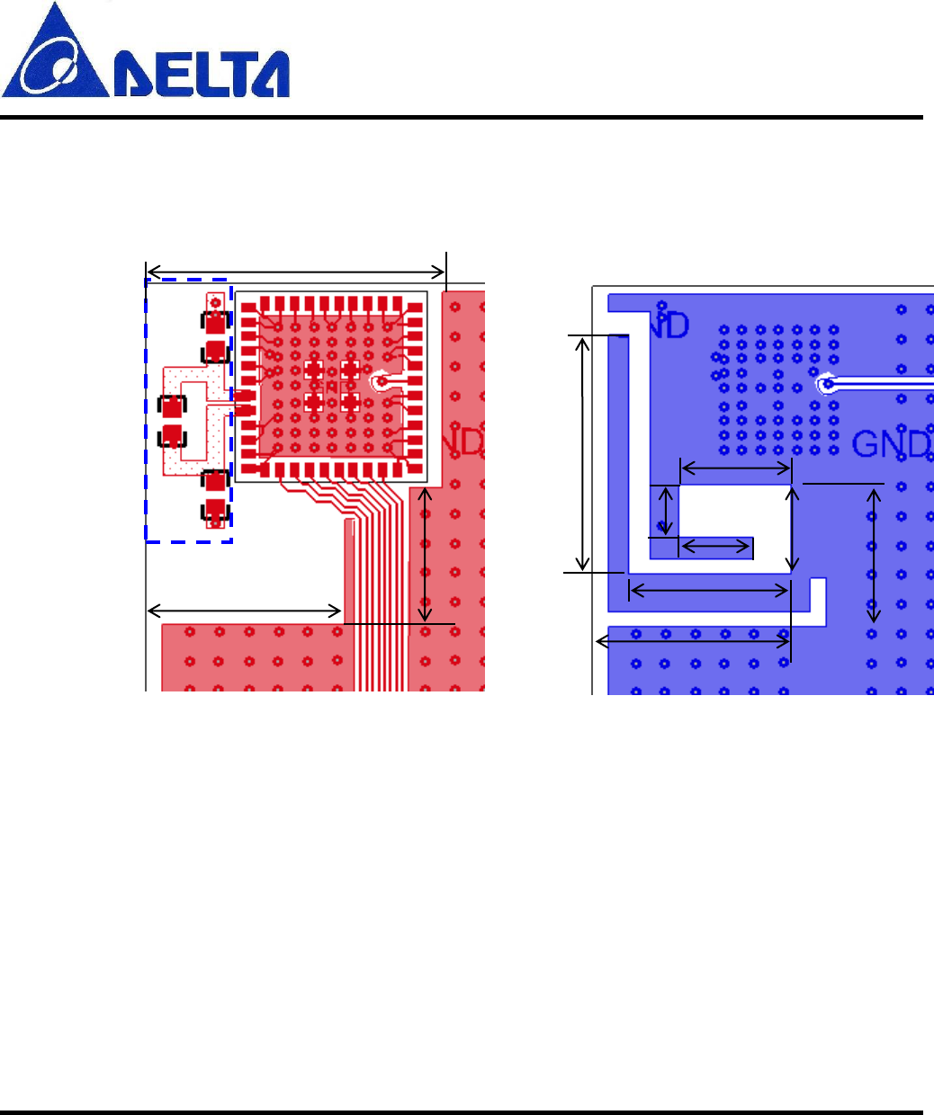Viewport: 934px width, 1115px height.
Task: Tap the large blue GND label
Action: pyautogui.click(x=889, y=444)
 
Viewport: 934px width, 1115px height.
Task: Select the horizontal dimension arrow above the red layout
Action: pyautogui.click(x=296, y=272)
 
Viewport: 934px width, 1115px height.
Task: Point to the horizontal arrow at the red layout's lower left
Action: pyautogui.click(x=244, y=611)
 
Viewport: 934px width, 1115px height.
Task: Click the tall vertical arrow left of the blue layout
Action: pyautogui.click(x=584, y=453)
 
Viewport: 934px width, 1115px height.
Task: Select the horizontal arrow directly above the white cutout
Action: pyautogui.click(x=736, y=468)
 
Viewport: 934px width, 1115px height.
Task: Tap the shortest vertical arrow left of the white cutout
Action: pyautogui.click(x=666, y=510)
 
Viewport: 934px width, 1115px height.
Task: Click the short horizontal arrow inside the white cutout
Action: pyautogui.click(x=716, y=545)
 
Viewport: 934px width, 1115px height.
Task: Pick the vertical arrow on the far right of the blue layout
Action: pyautogui.click(x=873, y=553)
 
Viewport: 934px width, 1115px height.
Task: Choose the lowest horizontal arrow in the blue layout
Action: pyautogui.click(x=694, y=641)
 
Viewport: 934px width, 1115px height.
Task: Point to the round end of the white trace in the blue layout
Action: pyautogui.click(x=826, y=386)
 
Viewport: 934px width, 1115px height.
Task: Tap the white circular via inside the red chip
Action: pyautogui.click(x=382, y=381)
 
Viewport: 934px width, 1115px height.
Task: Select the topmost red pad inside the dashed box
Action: pyautogui.click(x=214, y=322)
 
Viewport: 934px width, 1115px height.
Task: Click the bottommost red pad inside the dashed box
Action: pyautogui.click(x=215, y=511)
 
